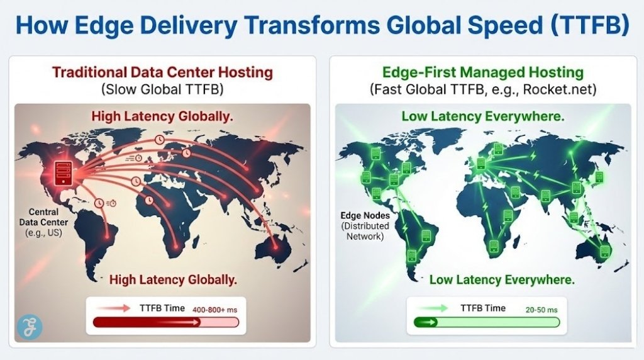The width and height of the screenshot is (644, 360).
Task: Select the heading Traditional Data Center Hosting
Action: click(x=162, y=72)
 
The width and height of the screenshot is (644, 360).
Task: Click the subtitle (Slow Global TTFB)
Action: click(x=162, y=89)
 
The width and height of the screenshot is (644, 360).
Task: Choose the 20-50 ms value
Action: click(x=541, y=310)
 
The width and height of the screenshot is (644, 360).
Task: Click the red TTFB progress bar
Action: click(x=165, y=322)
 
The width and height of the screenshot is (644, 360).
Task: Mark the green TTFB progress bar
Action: click(x=485, y=322)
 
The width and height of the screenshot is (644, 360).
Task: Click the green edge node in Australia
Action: click(x=604, y=250)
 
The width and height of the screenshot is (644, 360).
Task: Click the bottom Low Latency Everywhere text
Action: click(x=501, y=279)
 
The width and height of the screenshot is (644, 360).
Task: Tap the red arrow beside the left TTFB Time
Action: click(x=118, y=308)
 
